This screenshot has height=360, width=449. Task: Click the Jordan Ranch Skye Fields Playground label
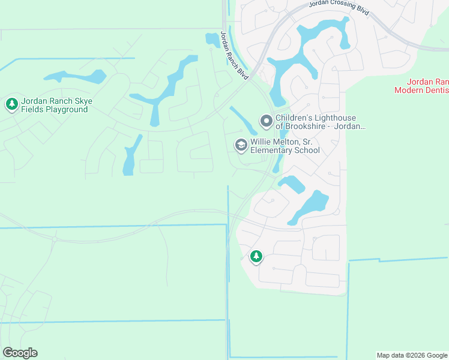coord(55,105)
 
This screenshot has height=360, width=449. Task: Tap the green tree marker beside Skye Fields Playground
coord(11,104)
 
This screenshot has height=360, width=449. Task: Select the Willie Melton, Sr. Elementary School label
coord(285,146)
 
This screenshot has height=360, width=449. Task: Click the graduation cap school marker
coord(241,145)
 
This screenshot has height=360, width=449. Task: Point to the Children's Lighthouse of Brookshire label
coord(320,122)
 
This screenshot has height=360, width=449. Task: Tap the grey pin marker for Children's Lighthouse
coord(266,121)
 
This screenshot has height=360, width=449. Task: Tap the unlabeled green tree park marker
coord(256,256)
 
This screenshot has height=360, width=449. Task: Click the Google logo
coord(20,353)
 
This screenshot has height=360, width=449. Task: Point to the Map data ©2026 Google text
coord(412,355)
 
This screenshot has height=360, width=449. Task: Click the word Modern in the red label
coord(410,90)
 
